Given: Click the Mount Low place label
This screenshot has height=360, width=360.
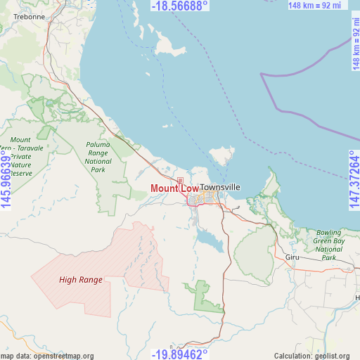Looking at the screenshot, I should (x=174, y=189).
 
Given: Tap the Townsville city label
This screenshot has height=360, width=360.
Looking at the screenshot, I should (x=219, y=187).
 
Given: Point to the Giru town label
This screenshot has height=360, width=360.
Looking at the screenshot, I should (x=292, y=257).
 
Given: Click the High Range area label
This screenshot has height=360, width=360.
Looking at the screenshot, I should (x=81, y=280).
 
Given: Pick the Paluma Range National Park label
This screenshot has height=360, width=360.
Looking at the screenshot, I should (x=98, y=157).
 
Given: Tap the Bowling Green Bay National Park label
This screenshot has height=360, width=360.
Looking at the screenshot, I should (x=328, y=245).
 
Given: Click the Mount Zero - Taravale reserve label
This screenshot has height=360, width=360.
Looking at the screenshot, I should (x=21, y=156).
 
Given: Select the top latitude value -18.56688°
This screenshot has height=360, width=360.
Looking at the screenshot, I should (x=180, y=6).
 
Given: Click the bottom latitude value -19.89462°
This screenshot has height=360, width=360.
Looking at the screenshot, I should (x=180, y=354).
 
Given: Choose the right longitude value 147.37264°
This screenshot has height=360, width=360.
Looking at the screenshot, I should (x=353, y=180).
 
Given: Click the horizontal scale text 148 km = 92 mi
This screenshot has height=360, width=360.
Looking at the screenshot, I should (x=314, y=6).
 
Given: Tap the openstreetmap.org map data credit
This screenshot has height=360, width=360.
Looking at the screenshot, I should (x=47, y=356).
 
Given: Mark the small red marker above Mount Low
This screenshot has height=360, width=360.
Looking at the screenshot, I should (x=180, y=181).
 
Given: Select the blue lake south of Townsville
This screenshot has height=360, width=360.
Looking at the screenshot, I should (x=210, y=241).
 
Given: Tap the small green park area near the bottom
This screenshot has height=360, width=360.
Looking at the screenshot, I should (x=202, y=296).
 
